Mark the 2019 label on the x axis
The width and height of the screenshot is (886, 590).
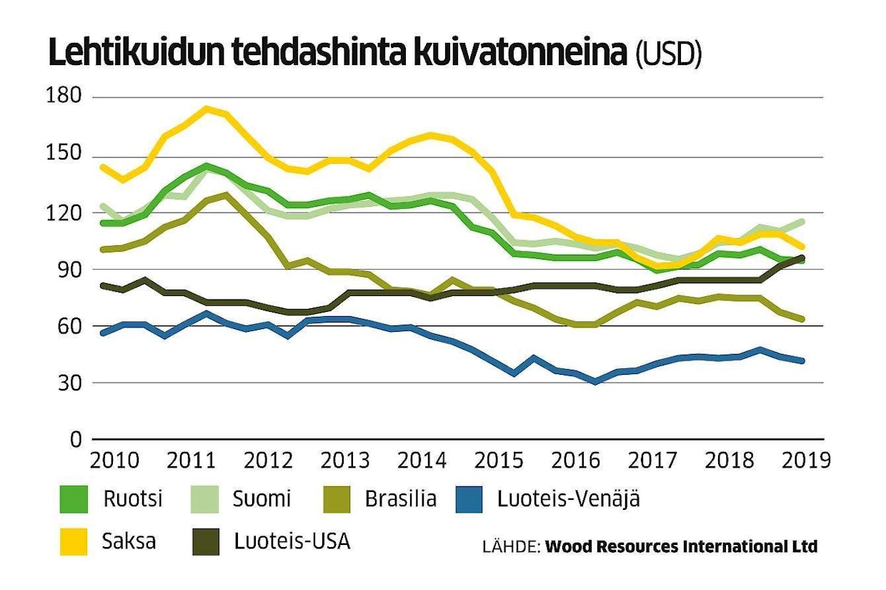[805, 460]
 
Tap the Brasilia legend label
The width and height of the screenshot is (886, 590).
[400, 499]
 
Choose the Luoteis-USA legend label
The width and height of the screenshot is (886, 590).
[292, 541]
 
